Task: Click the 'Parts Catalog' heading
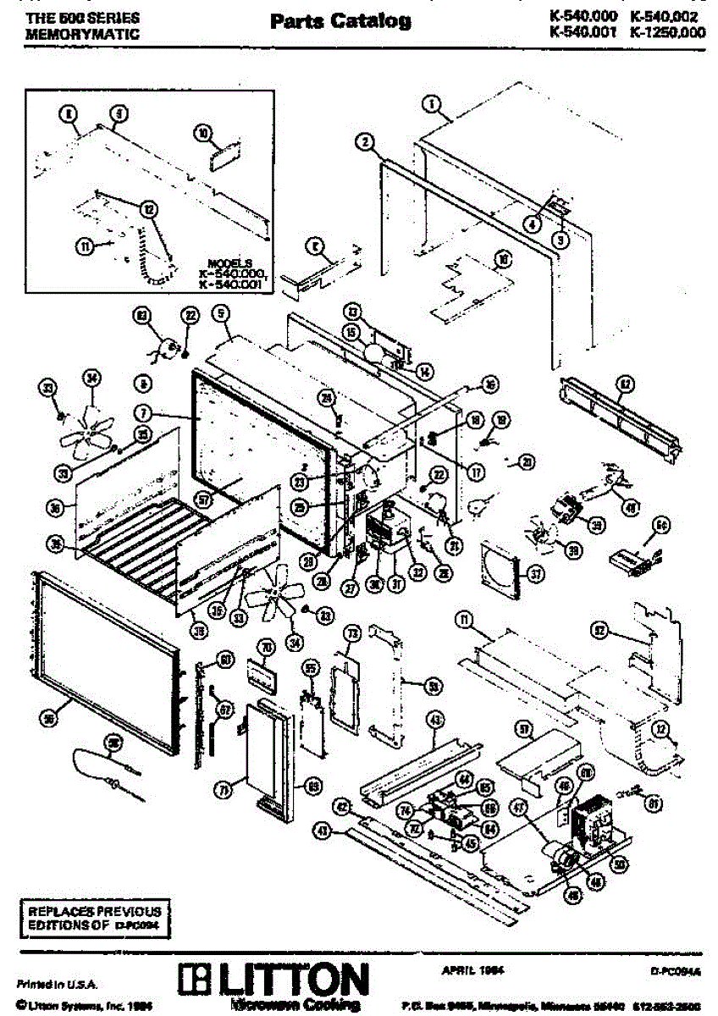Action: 340,21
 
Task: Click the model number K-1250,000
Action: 668,33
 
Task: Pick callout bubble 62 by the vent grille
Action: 625,384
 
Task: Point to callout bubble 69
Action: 312,787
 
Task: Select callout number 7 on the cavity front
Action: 145,414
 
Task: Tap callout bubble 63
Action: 141,316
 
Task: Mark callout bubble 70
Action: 265,649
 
